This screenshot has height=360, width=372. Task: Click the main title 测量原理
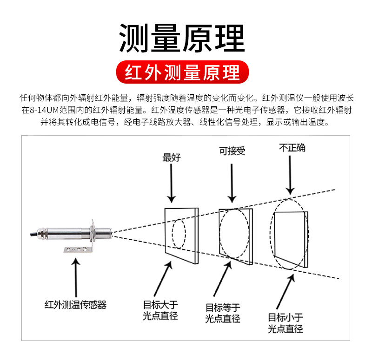[182, 38]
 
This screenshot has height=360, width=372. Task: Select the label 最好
[171, 157]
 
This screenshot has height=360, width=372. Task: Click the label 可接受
[232, 151]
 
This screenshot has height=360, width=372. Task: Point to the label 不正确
[292, 148]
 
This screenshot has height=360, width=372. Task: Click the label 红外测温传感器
[75, 305]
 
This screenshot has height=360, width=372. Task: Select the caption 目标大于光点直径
[160, 311]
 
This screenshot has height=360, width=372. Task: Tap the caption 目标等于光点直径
[223, 313]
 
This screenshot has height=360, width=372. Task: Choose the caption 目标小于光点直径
[285, 323]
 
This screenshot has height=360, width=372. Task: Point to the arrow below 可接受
[231, 181]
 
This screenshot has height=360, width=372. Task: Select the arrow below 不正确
[291, 174]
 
